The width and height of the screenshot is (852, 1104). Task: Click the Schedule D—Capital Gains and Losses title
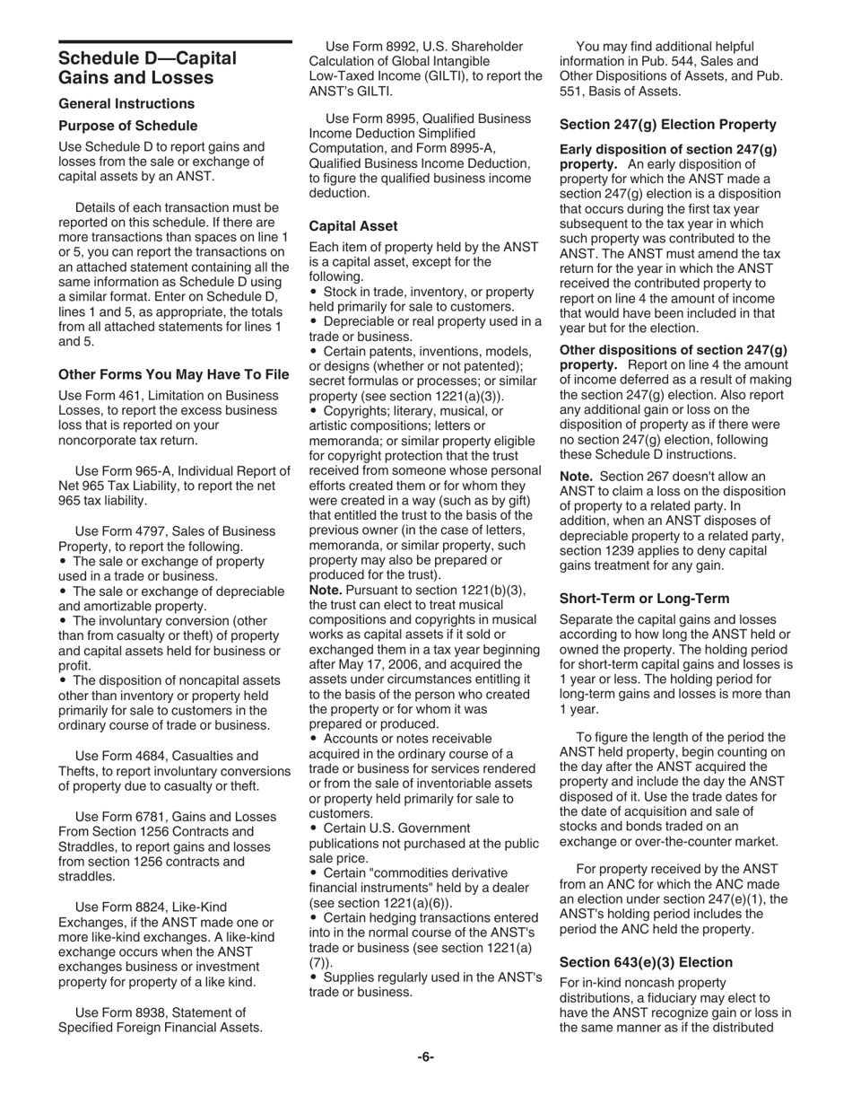click(147, 68)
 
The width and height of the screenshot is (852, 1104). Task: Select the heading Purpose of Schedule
click(128, 126)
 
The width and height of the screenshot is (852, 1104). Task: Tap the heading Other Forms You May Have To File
click(174, 373)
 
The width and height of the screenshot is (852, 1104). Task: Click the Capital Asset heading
click(353, 226)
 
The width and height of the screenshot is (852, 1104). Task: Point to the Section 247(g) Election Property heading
click(668, 125)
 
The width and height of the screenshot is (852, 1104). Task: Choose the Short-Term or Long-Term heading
click(644, 598)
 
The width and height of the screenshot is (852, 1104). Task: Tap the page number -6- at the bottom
click(426, 1056)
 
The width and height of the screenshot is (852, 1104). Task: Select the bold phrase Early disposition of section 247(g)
click(668, 150)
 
